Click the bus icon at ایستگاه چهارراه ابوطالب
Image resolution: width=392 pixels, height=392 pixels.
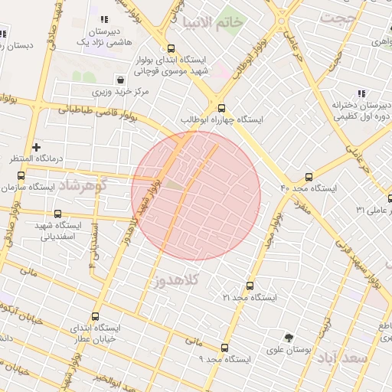[x=222, y=108]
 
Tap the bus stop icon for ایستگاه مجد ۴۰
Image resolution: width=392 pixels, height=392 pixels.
[x=309, y=176]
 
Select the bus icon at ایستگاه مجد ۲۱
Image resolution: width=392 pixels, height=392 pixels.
[x=250, y=286]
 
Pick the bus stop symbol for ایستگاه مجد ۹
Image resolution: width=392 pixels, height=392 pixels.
[x=224, y=346]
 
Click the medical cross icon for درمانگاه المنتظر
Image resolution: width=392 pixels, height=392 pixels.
[x=36, y=146]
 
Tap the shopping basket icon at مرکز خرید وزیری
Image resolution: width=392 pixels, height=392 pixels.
[x=120, y=80]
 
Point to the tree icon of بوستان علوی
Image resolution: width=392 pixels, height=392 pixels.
[x=289, y=338]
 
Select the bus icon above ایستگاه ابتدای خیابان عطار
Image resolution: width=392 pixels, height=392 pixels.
[x=95, y=316]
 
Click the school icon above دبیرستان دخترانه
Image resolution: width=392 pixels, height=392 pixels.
[x=361, y=93]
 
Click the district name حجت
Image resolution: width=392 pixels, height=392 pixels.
[x=338, y=17]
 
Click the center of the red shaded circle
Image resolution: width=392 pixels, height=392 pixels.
[x=196, y=195]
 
